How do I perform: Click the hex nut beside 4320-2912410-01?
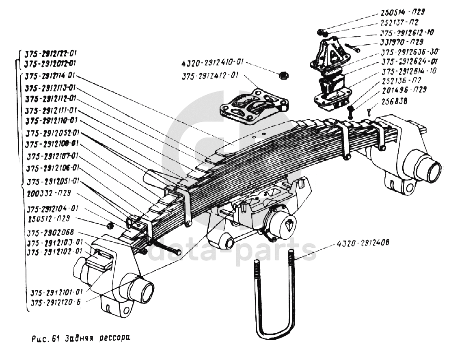tap(282, 74)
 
